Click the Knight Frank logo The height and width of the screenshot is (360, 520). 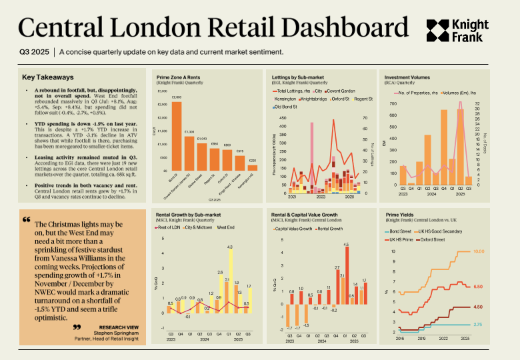459,29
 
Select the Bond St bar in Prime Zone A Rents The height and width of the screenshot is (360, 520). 177,137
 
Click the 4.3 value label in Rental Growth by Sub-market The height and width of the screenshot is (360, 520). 230,247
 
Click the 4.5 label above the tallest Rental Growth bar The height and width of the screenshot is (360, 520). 347,245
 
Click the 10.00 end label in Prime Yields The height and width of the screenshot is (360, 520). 477,252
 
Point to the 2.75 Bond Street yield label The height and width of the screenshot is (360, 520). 477,324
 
